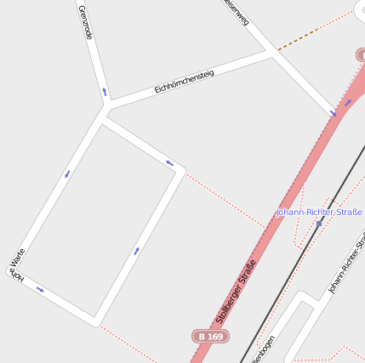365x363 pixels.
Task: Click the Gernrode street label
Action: point(84,22)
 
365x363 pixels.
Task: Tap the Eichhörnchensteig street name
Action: point(184,82)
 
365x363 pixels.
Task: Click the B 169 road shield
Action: point(210,337)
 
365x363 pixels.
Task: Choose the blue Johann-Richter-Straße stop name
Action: point(319,212)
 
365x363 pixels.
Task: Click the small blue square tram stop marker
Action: point(320,224)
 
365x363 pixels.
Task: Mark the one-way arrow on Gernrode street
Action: point(105,91)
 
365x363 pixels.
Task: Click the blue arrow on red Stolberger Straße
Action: point(348,103)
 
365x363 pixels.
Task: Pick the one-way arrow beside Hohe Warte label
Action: point(39,290)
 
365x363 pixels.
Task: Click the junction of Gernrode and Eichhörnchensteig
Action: point(106,107)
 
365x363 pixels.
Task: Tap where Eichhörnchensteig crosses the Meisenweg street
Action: point(272,52)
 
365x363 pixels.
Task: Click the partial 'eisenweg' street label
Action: point(235,11)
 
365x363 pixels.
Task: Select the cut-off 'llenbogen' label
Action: point(265,349)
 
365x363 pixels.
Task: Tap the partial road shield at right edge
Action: point(360,54)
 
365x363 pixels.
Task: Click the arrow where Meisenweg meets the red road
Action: point(334,113)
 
